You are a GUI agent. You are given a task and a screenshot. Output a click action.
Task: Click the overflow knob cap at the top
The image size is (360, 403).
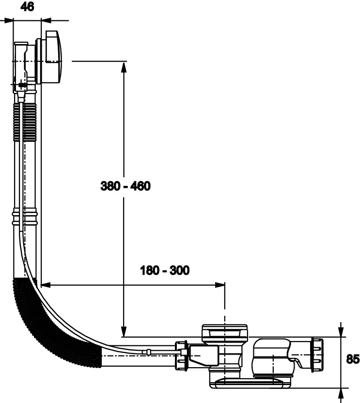[52, 57]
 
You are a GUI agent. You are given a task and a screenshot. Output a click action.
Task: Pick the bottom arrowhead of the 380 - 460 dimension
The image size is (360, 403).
[124, 331]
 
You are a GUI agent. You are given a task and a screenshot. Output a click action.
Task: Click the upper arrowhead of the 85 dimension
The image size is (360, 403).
[343, 331]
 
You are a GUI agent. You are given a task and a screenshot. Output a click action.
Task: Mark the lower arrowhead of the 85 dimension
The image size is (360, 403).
[343, 392]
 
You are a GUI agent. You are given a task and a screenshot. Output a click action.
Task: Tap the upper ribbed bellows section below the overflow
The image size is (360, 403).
[25, 121]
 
